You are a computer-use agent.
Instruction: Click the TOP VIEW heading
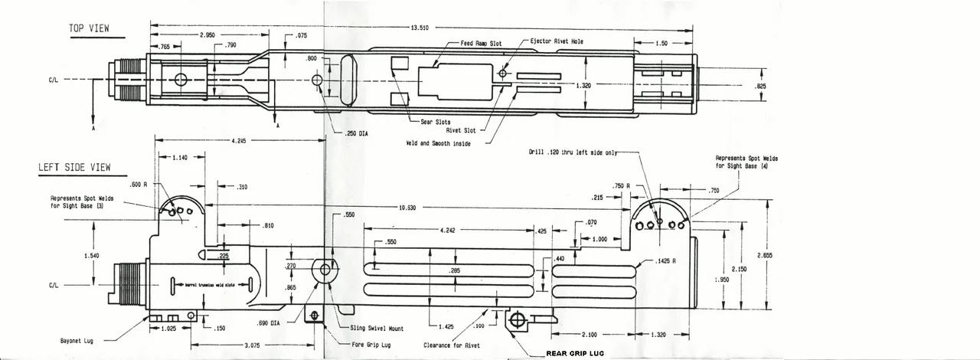click(90, 28)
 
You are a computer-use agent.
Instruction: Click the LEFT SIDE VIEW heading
click(74, 167)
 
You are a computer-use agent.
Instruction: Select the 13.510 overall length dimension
click(420, 28)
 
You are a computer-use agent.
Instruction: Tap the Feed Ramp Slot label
click(479, 44)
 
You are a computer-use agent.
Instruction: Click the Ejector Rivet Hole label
click(557, 41)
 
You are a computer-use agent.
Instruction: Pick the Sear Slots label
click(435, 122)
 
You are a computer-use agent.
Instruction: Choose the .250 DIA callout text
click(357, 133)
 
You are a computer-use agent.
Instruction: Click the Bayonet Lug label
click(77, 340)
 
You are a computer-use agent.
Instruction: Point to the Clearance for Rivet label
click(453, 345)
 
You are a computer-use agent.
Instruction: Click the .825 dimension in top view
click(760, 86)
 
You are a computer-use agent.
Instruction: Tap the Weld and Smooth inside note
click(439, 143)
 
